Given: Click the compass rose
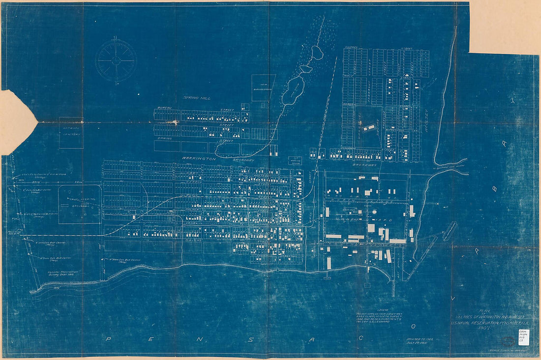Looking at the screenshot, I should [116, 60].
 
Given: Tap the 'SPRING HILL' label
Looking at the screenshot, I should [197, 98].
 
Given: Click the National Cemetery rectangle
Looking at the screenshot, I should [71, 132].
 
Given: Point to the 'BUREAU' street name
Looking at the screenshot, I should [164, 107].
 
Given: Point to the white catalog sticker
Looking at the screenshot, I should [523, 337].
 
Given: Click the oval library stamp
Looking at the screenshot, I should [510, 340].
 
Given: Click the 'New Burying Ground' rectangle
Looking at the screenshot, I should [263, 88].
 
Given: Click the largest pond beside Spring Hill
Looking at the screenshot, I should [293, 90].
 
